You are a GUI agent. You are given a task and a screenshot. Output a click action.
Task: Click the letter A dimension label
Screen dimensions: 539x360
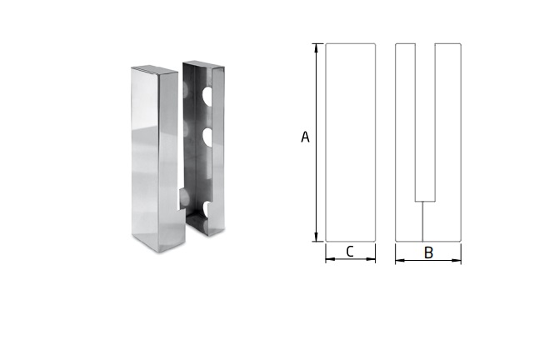(305, 137)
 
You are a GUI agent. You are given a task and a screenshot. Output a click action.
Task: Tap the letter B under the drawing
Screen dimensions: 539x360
(428, 252)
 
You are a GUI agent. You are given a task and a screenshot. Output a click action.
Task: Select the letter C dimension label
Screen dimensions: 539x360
(350, 252)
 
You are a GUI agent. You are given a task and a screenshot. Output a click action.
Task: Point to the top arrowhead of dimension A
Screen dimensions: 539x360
(317, 47)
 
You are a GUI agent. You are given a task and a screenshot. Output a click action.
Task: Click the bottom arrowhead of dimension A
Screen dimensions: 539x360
(317, 237)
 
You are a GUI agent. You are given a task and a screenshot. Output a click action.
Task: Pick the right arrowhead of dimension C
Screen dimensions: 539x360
(372, 259)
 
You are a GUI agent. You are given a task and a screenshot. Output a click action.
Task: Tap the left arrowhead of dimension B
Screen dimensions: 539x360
(399, 261)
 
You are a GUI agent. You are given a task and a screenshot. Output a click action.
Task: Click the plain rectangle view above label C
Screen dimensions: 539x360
(350, 142)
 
